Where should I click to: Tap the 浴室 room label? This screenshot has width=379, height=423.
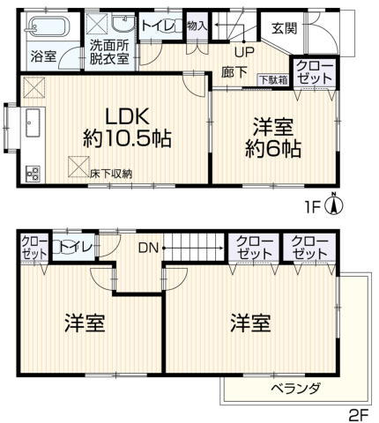pos(44,56)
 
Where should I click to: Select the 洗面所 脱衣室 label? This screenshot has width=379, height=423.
pos(109,52)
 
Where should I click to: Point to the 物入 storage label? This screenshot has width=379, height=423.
pos(197,26)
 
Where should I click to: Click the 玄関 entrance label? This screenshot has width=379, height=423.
pos(285,28)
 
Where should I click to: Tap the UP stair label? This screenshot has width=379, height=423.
pos(244,52)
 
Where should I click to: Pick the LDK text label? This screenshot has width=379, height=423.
pos(128,116)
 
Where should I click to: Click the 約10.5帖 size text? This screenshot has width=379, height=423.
pos(128,138)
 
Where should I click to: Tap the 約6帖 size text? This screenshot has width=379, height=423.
pos(273,149)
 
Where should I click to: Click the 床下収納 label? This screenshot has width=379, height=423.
pos(111,174)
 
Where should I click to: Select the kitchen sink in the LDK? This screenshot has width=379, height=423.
pos(33,122)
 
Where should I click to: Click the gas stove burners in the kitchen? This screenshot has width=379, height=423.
pos(33,174)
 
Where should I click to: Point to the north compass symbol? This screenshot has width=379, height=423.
pos(334,204)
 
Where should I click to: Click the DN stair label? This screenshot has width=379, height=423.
pos(148,249)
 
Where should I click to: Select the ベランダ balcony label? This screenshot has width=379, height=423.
pos(295,389)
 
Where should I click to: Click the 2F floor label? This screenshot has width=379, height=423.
pos(358,415)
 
